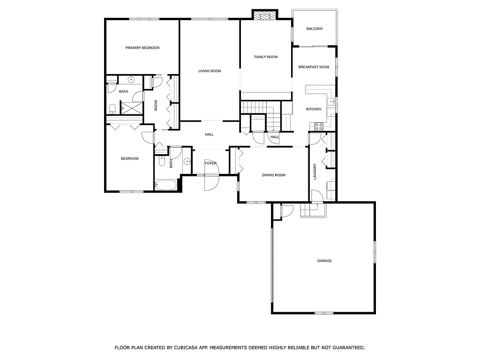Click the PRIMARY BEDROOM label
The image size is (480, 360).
coord(142,48)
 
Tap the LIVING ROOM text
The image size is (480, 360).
coord(210,71)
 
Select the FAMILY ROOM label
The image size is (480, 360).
coord(266,57)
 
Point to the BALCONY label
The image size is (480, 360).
coord(315,29)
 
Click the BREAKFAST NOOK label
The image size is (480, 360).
coord(314,67)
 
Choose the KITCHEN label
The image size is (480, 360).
coord(314,109)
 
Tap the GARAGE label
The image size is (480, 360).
coord(324,261)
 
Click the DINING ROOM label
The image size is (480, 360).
coord(273,175)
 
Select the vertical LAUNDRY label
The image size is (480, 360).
coord(315,172)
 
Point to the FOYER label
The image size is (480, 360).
coord(210,163)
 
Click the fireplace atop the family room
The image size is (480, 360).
coord(266,15)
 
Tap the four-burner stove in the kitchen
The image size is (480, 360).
coord(318,126)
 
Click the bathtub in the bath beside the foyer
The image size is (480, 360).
coord(166,185)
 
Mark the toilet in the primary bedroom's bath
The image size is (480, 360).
coord(112,109)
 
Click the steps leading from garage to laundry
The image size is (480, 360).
coord(312,211)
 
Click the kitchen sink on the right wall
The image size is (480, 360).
coord(332,101)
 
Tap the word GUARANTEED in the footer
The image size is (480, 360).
coord(346,348)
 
